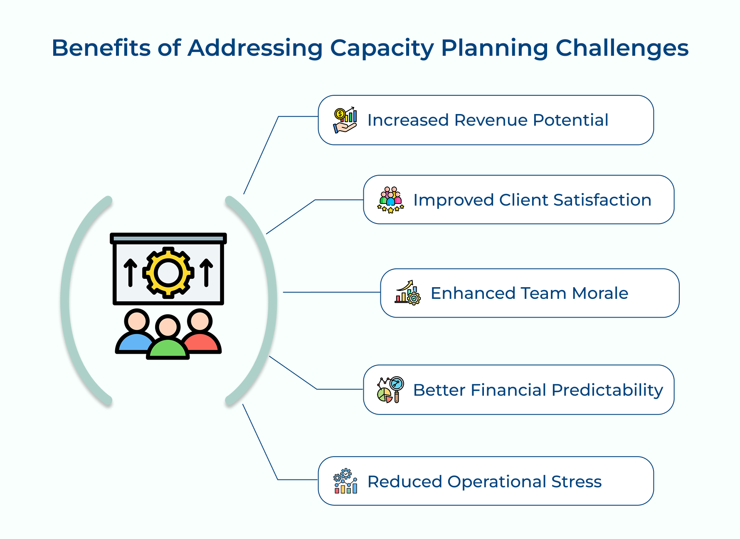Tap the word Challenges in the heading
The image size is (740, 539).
[x=622, y=48]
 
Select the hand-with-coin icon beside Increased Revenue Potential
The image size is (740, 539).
[x=345, y=120]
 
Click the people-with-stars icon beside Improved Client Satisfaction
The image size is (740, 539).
[x=390, y=200]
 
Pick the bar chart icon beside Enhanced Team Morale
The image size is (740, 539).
[x=407, y=293]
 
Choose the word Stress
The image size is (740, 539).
[x=576, y=482]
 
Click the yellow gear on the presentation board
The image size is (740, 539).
[x=168, y=273]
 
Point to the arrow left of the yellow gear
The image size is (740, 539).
[x=131, y=273]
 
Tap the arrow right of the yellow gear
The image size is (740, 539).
[x=206, y=273]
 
